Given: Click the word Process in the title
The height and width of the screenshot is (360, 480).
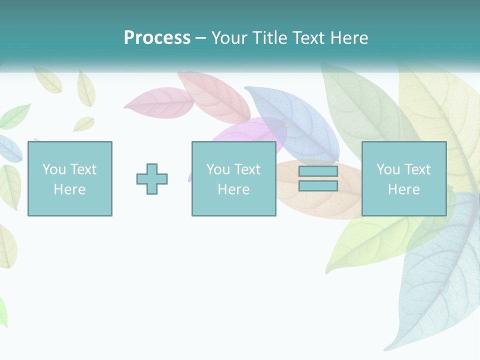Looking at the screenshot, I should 157,38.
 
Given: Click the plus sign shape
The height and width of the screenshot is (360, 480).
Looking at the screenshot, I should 152,179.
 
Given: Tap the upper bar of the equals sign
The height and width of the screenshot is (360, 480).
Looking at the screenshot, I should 318,171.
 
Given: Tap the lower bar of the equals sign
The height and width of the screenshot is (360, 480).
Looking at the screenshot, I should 318,186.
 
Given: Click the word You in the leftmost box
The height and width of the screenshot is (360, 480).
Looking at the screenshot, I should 54,169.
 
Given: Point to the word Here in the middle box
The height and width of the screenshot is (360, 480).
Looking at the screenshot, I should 233,189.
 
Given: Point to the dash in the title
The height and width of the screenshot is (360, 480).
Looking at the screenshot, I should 200,38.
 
